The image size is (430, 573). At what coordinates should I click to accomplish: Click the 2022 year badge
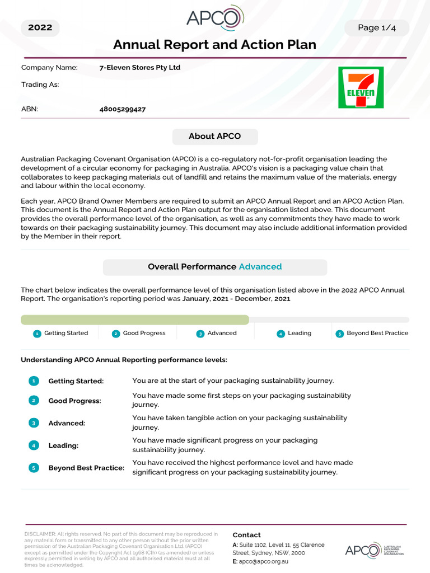[40, 28]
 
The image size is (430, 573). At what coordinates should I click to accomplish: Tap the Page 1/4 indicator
[376, 28]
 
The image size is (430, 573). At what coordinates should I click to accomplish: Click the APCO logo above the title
[214, 19]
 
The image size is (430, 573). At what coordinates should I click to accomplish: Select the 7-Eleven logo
[361, 87]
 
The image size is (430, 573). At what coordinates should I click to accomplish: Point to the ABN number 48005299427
[123, 109]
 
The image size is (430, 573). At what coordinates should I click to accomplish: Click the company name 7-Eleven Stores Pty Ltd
[140, 68]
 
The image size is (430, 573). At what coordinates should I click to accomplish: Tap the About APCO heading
[215, 137]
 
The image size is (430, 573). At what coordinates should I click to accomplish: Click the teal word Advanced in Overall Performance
[260, 267]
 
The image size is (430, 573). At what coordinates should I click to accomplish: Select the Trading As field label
[40, 84]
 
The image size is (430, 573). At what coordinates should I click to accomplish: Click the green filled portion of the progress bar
[134, 320]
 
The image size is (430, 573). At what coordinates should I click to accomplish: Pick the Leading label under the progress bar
[300, 334]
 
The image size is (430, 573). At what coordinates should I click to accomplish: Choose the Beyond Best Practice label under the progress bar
[377, 334]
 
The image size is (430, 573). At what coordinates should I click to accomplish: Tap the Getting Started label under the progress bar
[66, 334]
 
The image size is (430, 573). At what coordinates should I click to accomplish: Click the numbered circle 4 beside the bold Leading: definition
[34, 445]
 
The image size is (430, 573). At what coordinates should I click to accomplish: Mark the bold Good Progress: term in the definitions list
[75, 401]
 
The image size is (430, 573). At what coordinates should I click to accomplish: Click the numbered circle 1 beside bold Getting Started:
[34, 381]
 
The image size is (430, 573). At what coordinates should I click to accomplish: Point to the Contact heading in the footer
[246, 535]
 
